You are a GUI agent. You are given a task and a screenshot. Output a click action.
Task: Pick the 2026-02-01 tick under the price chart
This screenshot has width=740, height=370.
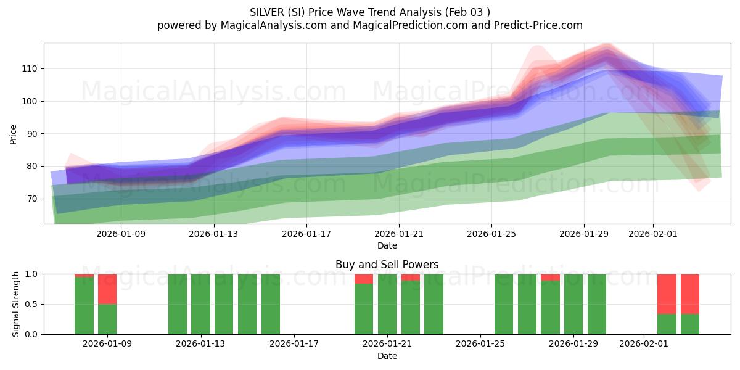point(653,234)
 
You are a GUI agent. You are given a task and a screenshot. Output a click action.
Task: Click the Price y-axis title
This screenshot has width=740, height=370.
point(13,134)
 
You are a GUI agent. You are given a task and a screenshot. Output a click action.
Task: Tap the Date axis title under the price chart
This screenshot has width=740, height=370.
point(387,245)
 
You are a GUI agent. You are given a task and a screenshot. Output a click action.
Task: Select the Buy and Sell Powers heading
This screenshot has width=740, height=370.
point(387,265)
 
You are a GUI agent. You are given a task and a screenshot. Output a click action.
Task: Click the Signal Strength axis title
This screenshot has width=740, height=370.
point(16,304)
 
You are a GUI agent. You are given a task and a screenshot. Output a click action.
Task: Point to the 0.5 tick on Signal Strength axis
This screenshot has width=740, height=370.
point(30,304)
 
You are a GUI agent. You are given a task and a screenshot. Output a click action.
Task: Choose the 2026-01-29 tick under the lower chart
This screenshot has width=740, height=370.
point(573,344)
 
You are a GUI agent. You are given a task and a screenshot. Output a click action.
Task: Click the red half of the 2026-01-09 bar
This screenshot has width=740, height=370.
point(107,289)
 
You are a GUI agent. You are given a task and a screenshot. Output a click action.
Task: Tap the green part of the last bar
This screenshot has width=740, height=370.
point(690,324)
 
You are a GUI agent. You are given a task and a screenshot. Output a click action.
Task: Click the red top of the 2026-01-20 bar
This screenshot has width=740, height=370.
point(364,279)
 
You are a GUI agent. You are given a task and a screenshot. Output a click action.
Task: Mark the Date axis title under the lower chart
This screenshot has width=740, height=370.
point(387,356)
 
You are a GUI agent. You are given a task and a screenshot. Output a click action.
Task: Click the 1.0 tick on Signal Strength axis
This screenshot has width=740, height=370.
point(30,274)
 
